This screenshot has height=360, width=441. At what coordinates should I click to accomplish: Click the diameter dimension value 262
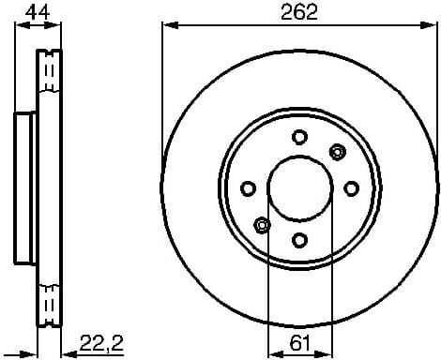pyautogui.click(x=298, y=12)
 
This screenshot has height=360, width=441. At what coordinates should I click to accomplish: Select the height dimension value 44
pyautogui.click(x=38, y=12)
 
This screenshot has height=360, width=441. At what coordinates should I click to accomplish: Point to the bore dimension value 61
pyautogui.click(x=299, y=342)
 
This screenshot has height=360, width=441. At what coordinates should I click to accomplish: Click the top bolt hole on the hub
pyautogui.click(x=299, y=137)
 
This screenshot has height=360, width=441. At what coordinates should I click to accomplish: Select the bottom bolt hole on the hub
pyautogui.click(x=299, y=240)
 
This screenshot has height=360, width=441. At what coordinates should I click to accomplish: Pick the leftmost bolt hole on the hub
pyautogui.click(x=249, y=188)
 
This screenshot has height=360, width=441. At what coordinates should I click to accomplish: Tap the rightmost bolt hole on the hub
pyautogui.click(x=351, y=188)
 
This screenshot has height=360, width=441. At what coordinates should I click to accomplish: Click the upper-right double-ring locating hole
pyautogui.click(x=337, y=151)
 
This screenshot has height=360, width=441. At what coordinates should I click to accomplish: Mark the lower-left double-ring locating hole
pyautogui.click(x=262, y=225)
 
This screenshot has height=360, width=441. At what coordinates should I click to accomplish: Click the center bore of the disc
pyautogui.click(x=299, y=188)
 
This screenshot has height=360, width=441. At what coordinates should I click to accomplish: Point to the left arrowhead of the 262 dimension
pyautogui.click(x=168, y=27)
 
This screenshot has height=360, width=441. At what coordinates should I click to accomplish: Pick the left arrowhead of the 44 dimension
pyautogui.click(x=21, y=27)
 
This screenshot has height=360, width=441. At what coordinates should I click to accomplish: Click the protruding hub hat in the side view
pyautogui.click(x=25, y=188)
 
